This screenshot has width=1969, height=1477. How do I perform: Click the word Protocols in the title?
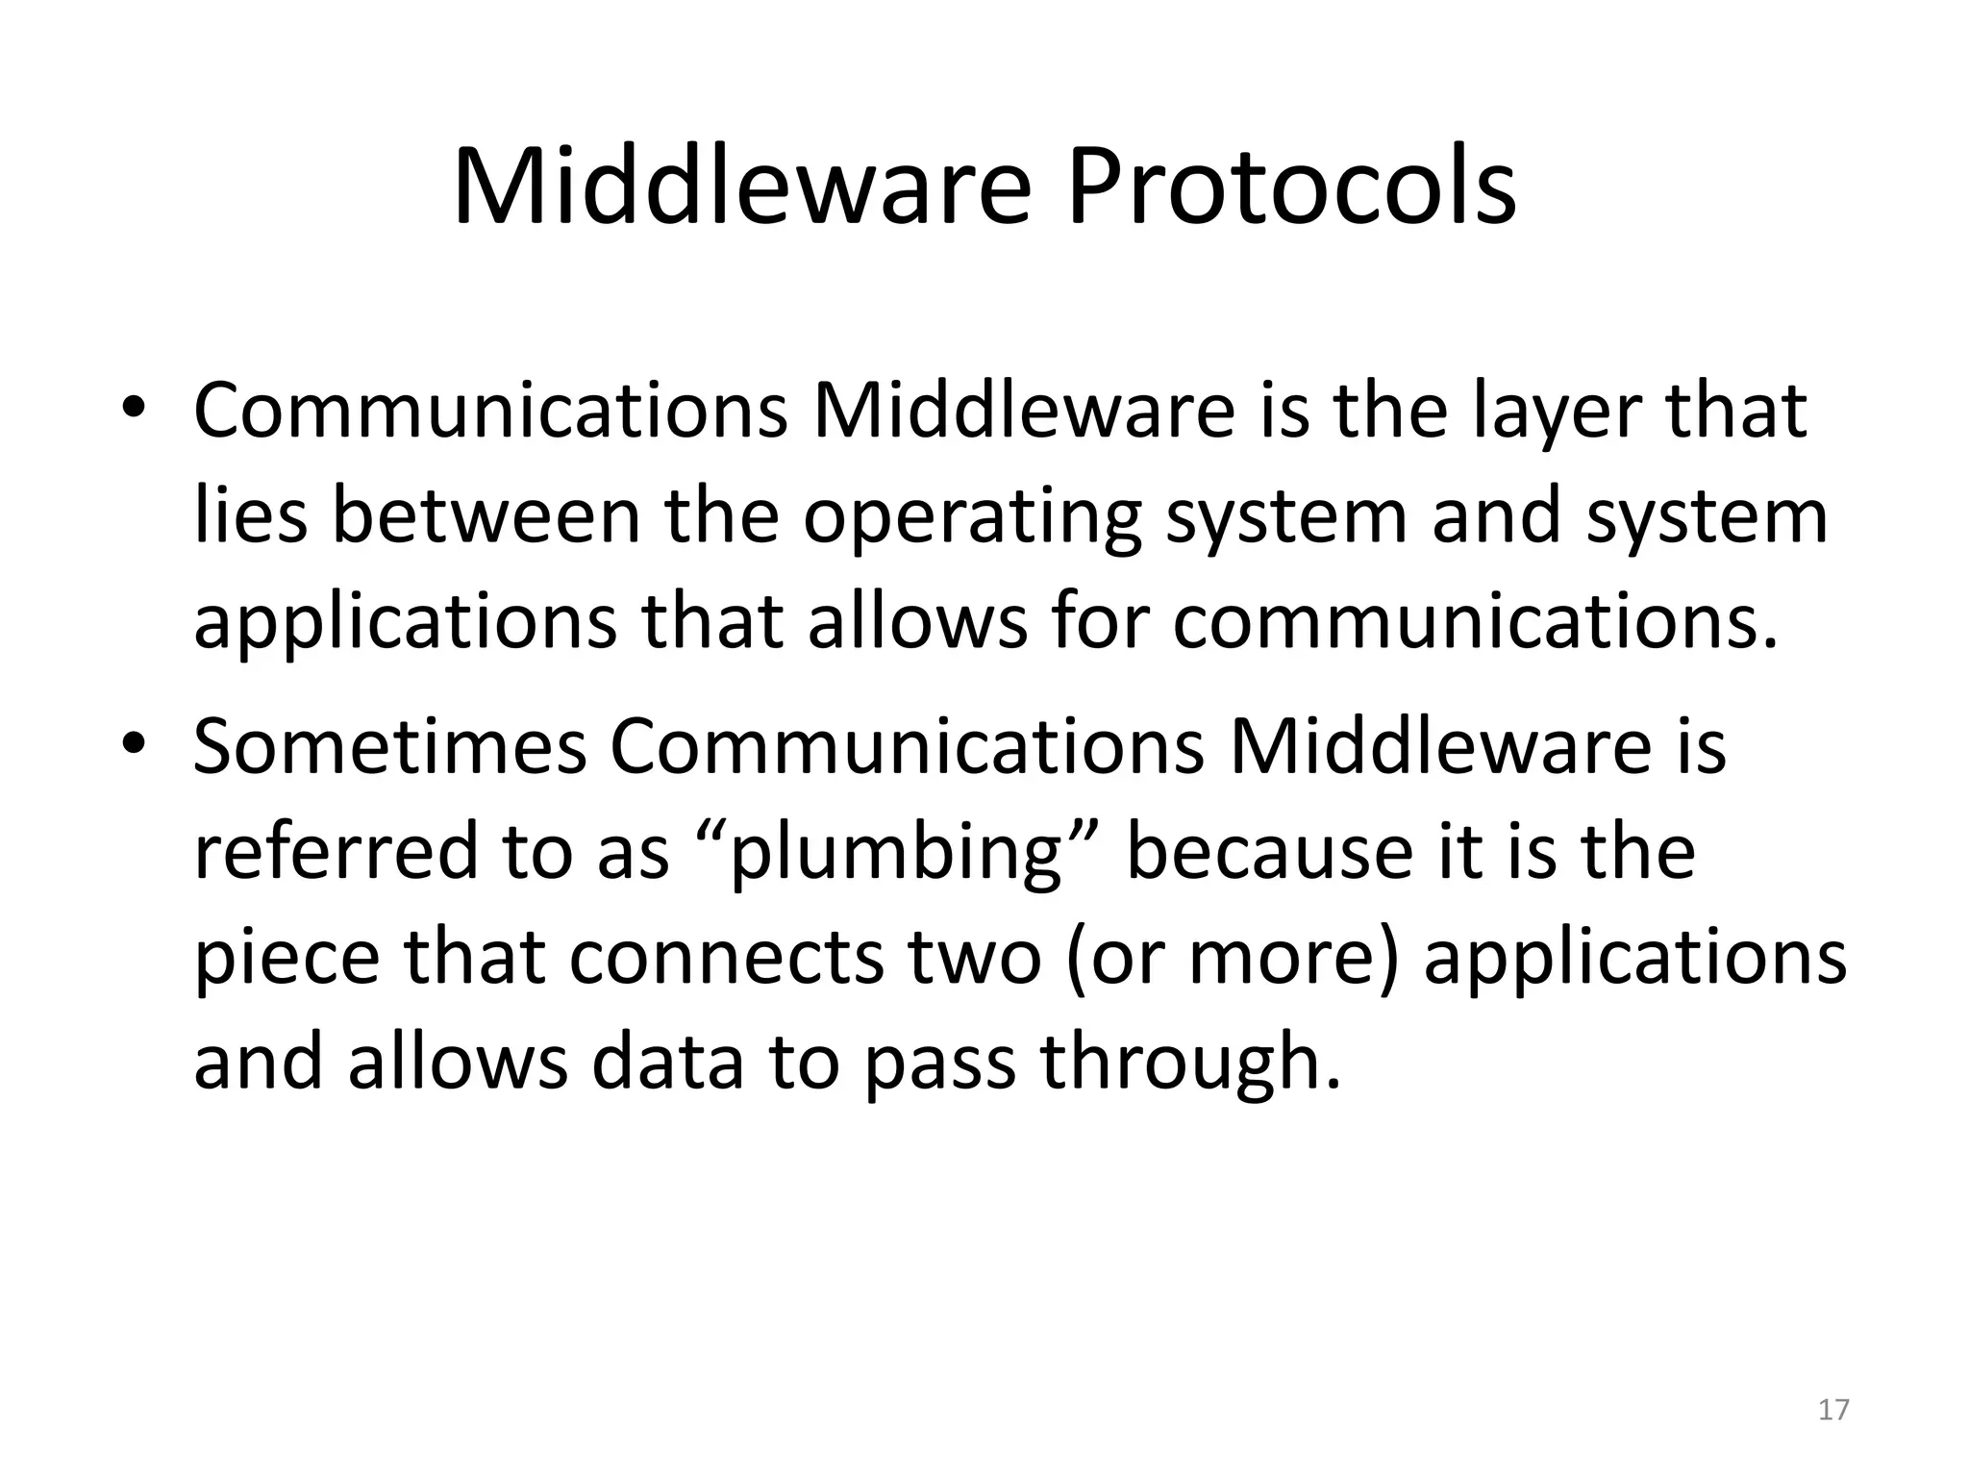(x=1291, y=188)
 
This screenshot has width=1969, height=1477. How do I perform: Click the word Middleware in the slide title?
(x=741, y=188)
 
